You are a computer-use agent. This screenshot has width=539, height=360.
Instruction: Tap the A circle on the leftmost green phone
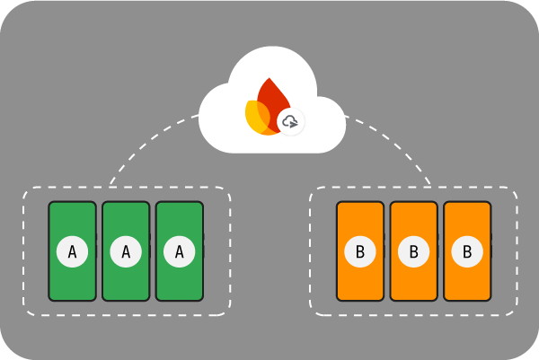pyautogui.click(x=72, y=252)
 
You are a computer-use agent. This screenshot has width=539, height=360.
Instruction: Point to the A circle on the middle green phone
pyautogui.click(x=126, y=252)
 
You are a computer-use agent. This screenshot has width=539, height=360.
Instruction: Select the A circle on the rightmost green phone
pyautogui.click(x=180, y=252)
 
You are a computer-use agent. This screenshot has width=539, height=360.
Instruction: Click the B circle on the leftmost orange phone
pyautogui.click(x=360, y=252)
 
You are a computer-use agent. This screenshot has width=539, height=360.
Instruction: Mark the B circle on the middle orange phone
pyautogui.click(x=414, y=252)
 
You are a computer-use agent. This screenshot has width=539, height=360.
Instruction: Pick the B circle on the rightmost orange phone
pyautogui.click(x=468, y=252)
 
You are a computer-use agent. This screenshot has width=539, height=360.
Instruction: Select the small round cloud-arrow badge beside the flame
pyautogui.click(x=290, y=121)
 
